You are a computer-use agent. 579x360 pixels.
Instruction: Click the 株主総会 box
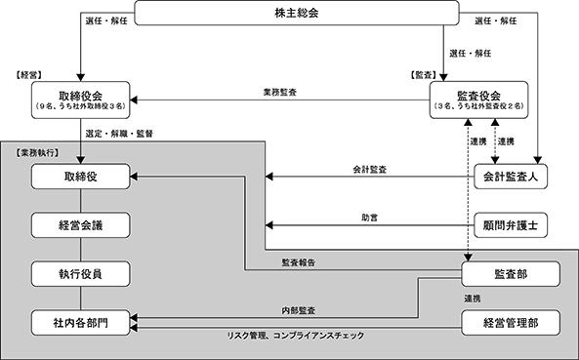[297, 13]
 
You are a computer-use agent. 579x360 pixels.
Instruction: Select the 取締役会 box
[80, 100]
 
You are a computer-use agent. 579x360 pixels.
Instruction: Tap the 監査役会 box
[478, 100]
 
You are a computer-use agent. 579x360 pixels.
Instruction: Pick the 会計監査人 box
[511, 177]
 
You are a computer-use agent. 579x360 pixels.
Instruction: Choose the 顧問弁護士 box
[511, 225]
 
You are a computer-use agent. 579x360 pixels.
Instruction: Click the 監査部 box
[511, 274]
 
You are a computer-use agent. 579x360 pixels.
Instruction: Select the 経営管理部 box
[511, 323]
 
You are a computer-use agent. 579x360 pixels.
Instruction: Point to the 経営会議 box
[80, 225]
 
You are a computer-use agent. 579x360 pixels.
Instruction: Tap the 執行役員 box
[80, 274]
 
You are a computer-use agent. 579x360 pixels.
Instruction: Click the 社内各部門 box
[80, 323]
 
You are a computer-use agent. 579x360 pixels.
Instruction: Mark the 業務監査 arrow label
[279, 93]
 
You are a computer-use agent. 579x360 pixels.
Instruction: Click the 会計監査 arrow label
[370, 170]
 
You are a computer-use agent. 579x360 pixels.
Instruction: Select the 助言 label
[369, 218]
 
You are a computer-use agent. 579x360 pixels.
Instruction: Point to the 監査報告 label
[299, 262]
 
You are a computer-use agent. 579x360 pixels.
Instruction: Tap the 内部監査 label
[299, 310]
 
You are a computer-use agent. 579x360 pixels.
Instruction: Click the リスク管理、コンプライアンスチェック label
[296, 336]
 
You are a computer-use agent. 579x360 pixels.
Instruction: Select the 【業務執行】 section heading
[37, 153]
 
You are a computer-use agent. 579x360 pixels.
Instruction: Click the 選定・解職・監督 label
[119, 134]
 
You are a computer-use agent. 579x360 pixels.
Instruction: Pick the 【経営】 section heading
[28, 75]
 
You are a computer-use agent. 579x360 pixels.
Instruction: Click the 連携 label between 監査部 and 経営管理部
[473, 299]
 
